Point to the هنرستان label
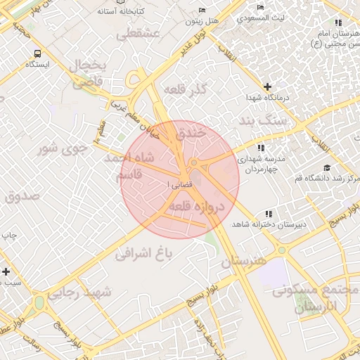[x=244, y=262]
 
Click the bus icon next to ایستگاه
[x=37, y=53]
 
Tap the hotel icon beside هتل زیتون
[x=202, y=11]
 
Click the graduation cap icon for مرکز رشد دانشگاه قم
[x=326, y=167]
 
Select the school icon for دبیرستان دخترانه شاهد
[x=268, y=214]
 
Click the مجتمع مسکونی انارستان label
[x=312, y=298]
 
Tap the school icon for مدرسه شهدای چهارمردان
[x=261, y=148]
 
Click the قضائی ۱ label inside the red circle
[x=176, y=184]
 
